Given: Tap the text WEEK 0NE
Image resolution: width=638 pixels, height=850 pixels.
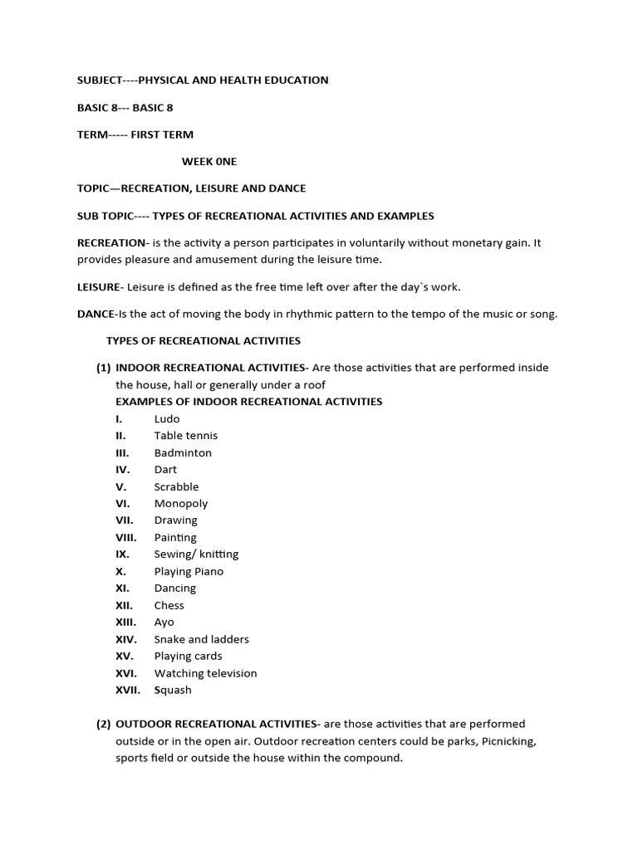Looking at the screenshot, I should tap(209, 162).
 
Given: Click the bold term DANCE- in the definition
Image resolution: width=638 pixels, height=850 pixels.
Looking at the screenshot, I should tap(96, 315).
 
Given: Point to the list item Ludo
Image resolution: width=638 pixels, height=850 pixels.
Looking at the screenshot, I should tap(167, 419).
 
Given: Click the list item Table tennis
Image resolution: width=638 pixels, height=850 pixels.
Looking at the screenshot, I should tap(186, 436).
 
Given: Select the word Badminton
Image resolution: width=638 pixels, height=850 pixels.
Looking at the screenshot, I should tap(183, 453).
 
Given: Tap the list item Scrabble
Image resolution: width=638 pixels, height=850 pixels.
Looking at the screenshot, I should tap(176, 487).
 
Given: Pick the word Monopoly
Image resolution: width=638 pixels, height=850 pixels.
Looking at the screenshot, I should tap(181, 504).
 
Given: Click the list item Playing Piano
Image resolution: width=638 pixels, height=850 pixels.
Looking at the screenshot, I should tap(189, 572).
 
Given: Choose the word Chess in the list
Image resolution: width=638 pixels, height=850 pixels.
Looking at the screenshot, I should tap(169, 606).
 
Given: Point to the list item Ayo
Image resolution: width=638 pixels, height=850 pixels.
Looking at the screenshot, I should tap(164, 623).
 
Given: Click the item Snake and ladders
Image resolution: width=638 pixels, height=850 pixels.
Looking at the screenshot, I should tap(201, 640).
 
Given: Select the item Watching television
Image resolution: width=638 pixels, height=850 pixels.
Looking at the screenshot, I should tap(205, 674).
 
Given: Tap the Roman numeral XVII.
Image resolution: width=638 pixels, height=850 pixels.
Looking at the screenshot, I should tap(128, 691).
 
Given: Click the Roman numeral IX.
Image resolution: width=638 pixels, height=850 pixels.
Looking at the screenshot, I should tap(123, 554).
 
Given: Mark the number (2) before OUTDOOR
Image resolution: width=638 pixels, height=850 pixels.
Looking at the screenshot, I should tap(104, 725).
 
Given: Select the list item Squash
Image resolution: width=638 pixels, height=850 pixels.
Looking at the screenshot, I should tap(173, 691).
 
